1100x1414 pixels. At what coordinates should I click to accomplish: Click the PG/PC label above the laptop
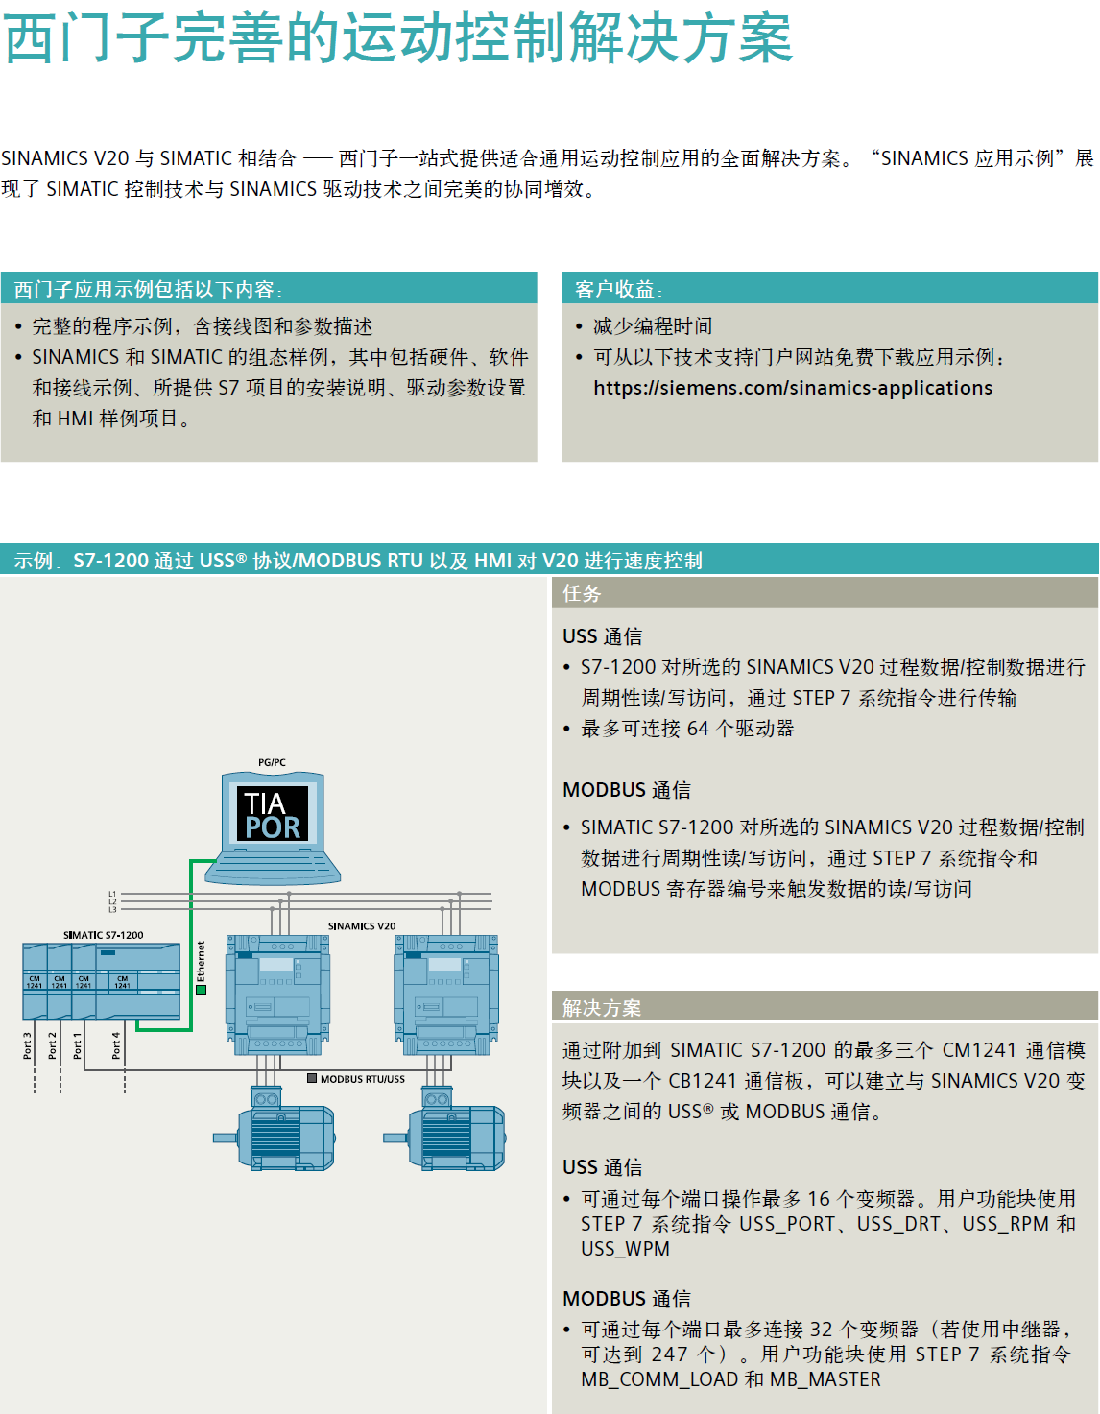(272, 762)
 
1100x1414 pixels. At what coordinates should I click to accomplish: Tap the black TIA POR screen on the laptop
(273, 814)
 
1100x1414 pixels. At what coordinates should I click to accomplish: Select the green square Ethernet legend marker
(201, 990)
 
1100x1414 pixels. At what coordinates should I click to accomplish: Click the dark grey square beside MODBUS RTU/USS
(312, 1078)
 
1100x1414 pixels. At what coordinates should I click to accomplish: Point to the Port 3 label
(27, 1045)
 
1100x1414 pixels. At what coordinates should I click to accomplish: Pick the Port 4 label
(116, 1045)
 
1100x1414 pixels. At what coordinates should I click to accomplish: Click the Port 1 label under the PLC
(78, 1045)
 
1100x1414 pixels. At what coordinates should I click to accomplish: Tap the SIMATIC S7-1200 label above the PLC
(104, 935)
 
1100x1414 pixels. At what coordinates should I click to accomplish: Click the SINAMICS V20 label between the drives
(362, 926)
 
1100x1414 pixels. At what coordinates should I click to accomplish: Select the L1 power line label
(112, 894)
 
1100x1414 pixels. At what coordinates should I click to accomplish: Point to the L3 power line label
(112, 909)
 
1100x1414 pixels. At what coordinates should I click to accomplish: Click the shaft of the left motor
(225, 1138)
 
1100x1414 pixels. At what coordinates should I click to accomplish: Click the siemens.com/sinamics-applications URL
(793, 388)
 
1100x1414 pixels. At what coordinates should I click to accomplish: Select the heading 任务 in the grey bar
(582, 593)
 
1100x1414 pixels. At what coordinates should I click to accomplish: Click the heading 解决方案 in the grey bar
(602, 1007)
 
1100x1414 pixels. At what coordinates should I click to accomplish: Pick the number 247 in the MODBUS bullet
(669, 1354)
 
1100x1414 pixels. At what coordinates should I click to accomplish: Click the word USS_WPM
(625, 1249)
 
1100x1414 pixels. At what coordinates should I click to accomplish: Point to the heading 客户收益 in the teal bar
(614, 289)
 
